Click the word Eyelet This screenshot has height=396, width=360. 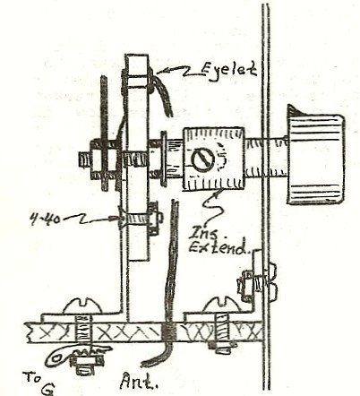point(228,71)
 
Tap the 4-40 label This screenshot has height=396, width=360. point(45,220)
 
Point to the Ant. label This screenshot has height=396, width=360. point(139,382)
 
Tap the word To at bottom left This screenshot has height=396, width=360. point(31,377)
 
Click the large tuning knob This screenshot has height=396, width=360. point(315,154)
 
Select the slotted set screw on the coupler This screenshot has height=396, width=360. point(203,158)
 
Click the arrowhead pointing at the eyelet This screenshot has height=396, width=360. point(160,72)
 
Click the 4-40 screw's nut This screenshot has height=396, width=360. point(153,219)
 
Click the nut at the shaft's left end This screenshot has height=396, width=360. point(86,159)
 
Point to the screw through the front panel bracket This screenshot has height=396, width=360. point(257,280)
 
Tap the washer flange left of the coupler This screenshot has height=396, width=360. point(164,159)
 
